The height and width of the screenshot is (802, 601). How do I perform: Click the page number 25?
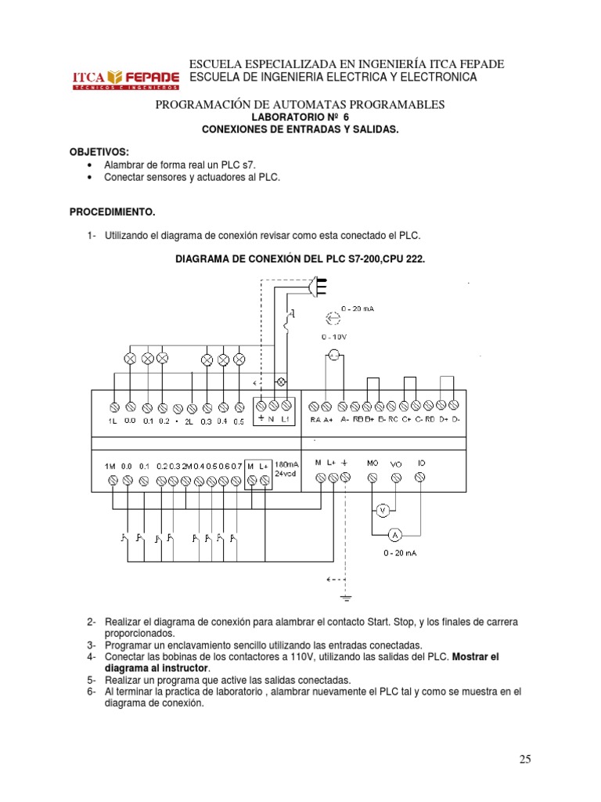(524, 758)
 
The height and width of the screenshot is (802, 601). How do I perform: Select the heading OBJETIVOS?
(99, 150)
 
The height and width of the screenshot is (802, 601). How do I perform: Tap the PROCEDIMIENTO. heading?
(113, 211)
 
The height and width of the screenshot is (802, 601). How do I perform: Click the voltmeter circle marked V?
(383, 510)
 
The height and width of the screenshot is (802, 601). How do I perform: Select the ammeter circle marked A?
(395, 535)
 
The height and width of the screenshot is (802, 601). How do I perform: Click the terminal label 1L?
(113, 421)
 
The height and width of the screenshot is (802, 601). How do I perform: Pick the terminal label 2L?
(189, 421)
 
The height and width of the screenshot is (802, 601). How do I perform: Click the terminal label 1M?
(110, 466)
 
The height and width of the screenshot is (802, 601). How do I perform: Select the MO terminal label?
(372, 463)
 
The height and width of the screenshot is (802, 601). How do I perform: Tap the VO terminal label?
(395, 464)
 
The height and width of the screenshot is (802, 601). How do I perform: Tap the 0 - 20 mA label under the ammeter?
(399, 553)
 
